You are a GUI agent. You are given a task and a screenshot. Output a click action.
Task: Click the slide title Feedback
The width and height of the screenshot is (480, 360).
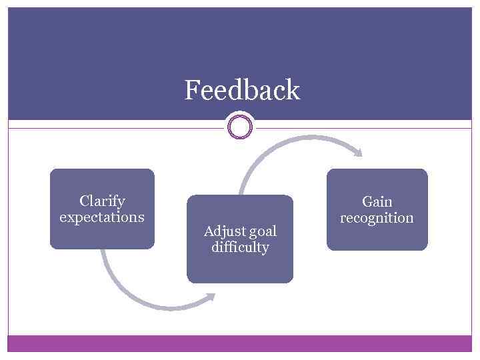tap(242, 90)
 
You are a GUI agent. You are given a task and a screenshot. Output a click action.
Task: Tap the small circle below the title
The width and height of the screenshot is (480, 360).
tap(240, 127)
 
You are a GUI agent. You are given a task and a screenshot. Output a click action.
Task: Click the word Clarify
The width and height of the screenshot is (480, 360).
tap(102, 201)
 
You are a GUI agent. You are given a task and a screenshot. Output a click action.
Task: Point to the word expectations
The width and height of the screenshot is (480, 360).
tap(102, 217)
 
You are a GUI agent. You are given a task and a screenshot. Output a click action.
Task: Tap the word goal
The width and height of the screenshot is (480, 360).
tap(262, 231)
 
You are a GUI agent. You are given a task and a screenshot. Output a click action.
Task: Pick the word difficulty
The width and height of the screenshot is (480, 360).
tap(240, 248)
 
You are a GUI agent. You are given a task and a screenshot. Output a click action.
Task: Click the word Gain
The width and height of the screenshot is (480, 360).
tap(377, 201)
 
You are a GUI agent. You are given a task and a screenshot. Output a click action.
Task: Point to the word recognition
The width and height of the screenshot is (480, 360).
tap(377, 218)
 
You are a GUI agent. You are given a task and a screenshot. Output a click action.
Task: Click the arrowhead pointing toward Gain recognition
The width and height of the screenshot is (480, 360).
tap(358, 153)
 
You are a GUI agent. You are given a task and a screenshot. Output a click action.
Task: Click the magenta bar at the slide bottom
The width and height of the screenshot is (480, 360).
tap(240, 343)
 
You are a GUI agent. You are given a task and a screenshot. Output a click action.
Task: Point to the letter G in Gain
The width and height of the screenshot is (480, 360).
tap(367, 201)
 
